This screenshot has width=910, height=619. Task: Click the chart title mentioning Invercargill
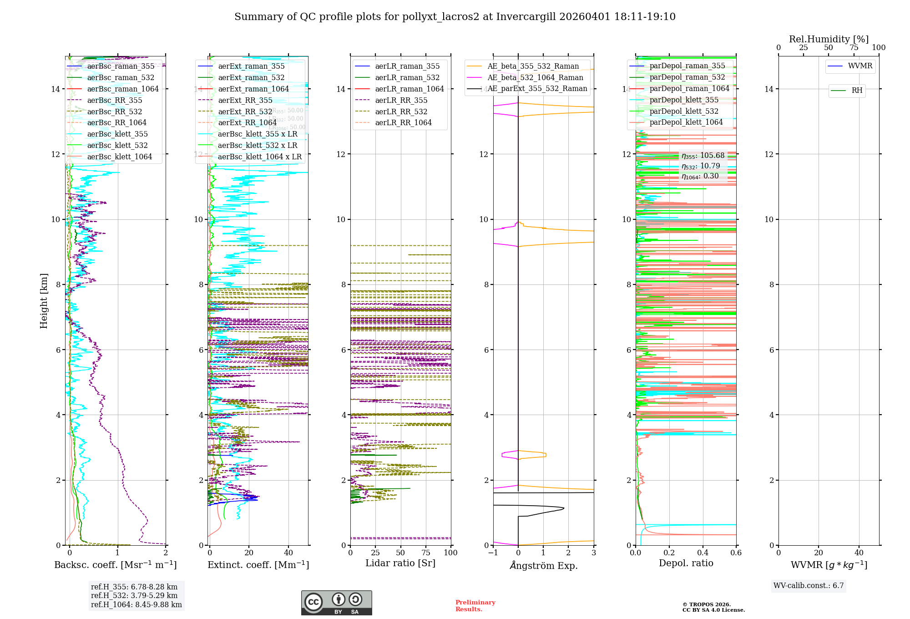pyautogui.click(x=455, y=17)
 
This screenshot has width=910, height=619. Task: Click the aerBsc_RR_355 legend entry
pyautogui.click(x=115, y=100)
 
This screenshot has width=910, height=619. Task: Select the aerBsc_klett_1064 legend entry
pyautogui.click(x=120, y=157)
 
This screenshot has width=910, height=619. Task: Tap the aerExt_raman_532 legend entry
pyautogui.click(x=251, y=77)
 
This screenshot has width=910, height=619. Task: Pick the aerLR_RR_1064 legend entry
pyautogui.click(x=403, y=122)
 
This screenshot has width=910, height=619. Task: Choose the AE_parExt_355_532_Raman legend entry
pyautogui.click(x=537, y=88)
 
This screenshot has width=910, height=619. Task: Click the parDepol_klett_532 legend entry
pyautogui.click(x=684, y=111)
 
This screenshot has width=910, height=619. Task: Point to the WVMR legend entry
pyautogui.click(x=860, y=66)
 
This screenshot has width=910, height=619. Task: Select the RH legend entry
pyautogui.click(x=857, y=91)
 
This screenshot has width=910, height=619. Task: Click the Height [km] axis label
pyautogui.click(x=44, y=301)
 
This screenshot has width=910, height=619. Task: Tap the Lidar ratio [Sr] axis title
pyautogui.click(x=400, y=563)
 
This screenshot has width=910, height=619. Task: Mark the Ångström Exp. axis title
pyautogui.click(x=544, y=565)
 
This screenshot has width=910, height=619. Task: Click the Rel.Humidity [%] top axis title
pyautogui.click(x=829, y=39)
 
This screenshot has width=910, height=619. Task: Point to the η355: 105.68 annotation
pyautogui.click(x=703, y=156)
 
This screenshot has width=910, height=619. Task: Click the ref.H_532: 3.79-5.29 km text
pyautogui.click(x=134, y=595)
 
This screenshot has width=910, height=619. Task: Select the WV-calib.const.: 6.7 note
pyautogui.click(x=809, y=585)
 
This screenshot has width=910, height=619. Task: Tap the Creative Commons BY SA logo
pyautogui.click(x=336, y=603)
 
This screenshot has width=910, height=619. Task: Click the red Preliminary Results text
pyautogui.click(x=475, y=605)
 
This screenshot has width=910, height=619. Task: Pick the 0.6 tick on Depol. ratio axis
pyautogui.click(x=736, y=553)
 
